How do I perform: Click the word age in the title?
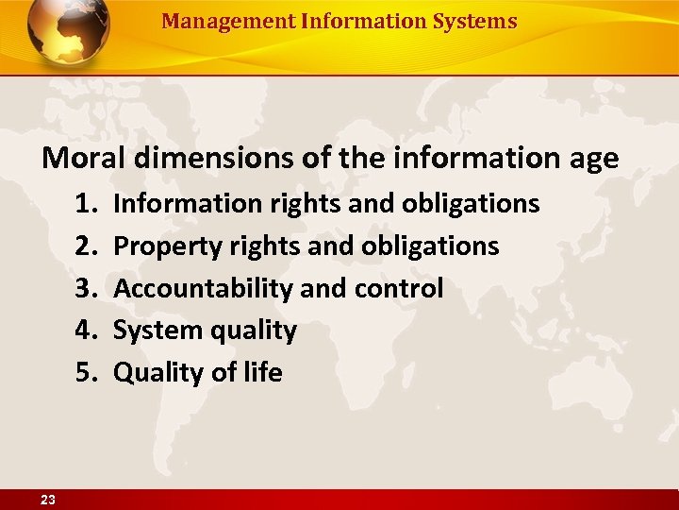[x=591, y=160]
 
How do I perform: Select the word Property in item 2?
[x=162, y=246]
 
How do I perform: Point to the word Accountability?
[x=203, y=288]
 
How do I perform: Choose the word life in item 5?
[x=263, y=373]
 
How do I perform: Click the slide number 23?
[x=47, y=501]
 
